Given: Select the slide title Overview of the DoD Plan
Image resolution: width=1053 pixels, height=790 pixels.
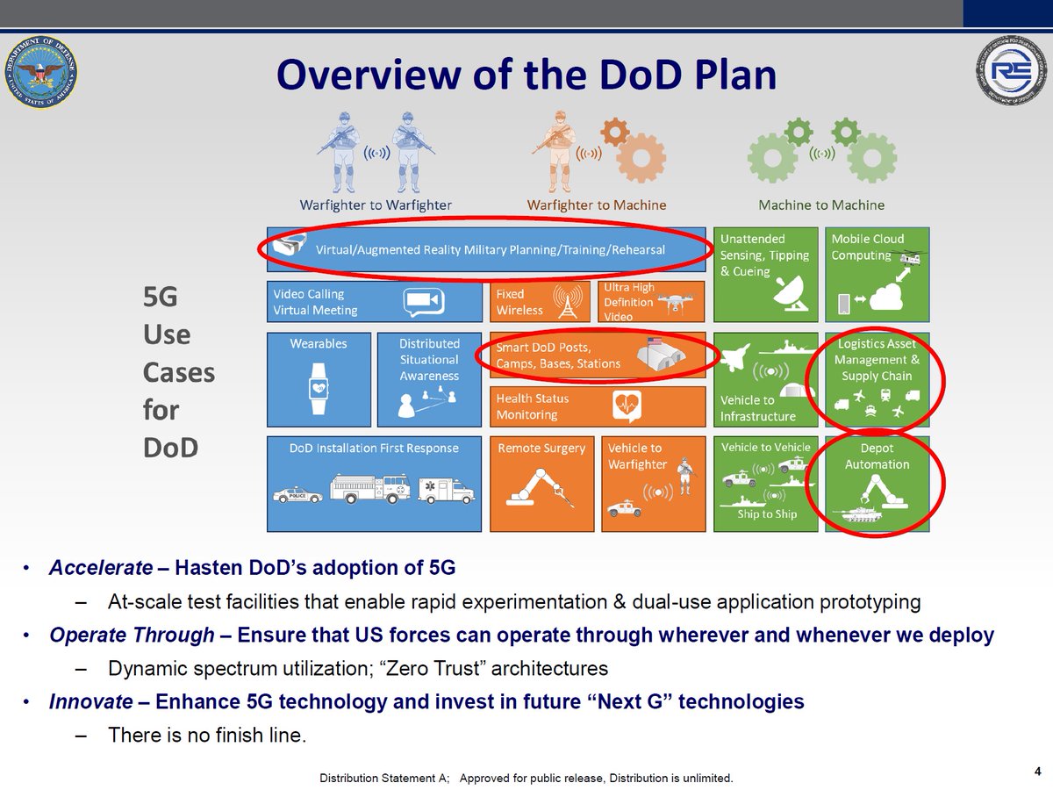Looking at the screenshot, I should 526,75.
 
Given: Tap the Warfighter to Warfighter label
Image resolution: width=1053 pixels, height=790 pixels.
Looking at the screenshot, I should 376,205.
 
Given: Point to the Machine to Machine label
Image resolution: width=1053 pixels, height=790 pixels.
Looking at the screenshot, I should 821,205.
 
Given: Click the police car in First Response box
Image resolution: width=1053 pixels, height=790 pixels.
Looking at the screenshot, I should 297,495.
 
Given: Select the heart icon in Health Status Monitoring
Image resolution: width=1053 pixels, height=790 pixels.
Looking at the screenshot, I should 628,405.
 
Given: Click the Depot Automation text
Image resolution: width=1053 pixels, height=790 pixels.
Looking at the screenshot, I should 877,456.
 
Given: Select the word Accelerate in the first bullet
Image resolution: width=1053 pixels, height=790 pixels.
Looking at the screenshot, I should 101,568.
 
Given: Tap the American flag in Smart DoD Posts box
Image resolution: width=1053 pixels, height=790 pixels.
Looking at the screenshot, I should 653,341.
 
